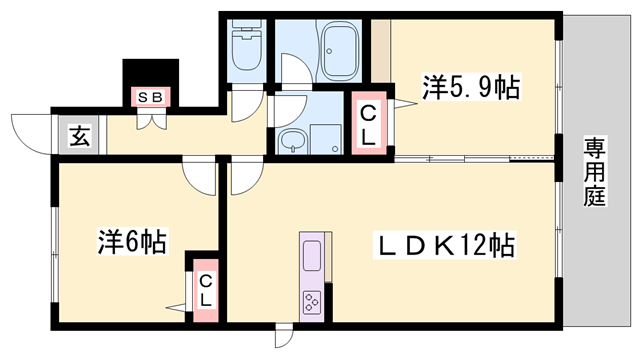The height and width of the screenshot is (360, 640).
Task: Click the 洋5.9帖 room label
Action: (471, 87)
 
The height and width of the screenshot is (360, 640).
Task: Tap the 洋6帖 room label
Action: (132, 242)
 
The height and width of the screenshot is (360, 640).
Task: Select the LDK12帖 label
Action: (444, 245)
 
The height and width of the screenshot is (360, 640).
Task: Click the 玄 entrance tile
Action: (79, 136)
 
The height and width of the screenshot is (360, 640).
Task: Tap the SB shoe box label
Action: (151, 97)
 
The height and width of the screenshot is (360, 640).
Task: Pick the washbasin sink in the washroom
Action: (291, 141)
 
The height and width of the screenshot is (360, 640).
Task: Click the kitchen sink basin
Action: (312, 255)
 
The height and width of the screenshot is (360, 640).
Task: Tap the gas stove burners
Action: (312, 302)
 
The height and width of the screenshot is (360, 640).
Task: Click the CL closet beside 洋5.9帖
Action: (369, 123)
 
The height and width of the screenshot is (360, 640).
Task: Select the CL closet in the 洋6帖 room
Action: (206, 290)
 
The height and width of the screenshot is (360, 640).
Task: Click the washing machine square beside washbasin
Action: (326, 139)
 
